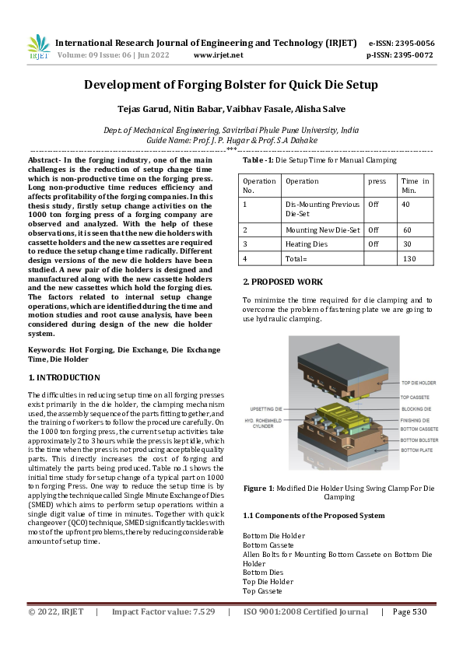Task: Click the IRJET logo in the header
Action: (x=37, y=47)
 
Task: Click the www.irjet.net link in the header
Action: (x=218, y=55)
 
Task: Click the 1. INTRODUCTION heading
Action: (x=65, y=377)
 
